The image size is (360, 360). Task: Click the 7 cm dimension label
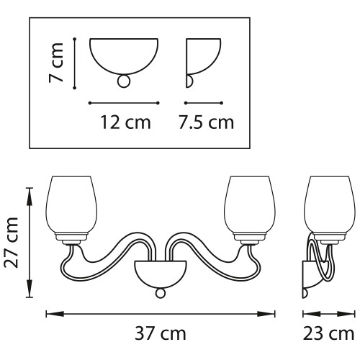58,63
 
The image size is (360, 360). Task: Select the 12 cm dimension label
126,122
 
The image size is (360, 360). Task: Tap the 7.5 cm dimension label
207,122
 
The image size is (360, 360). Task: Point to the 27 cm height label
11,243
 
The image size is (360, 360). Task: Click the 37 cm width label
160,334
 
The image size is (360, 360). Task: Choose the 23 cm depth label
329,334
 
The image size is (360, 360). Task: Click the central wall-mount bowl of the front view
160,273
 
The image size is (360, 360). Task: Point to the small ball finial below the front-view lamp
160,294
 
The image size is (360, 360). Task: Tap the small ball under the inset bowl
124,81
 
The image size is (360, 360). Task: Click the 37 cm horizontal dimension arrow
160,314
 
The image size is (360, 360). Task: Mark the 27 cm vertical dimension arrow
30,243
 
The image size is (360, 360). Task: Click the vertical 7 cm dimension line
75,63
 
